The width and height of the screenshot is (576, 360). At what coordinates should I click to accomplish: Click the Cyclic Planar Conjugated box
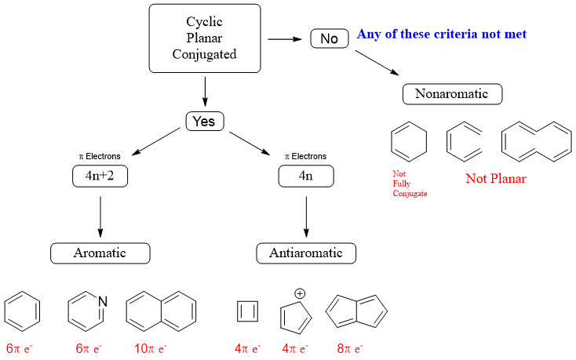205,38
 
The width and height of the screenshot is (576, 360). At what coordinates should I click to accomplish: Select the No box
330,38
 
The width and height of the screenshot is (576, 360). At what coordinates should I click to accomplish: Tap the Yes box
205,122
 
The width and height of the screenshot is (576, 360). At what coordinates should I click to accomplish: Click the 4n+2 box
100,176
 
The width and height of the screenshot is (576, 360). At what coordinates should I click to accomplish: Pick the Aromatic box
100,253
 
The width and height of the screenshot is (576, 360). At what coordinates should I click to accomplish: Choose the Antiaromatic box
306,253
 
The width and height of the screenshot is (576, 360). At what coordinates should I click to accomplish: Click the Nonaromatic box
451,94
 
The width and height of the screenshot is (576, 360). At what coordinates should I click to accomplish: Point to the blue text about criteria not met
441,35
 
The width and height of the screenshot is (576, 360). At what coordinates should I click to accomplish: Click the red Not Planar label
495,178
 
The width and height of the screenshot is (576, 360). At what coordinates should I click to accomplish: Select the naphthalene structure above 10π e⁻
161,311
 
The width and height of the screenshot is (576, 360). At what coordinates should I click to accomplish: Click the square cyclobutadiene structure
247,312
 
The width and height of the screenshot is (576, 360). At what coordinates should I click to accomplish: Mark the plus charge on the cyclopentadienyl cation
299,293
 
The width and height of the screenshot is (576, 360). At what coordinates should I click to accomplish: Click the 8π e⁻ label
350,347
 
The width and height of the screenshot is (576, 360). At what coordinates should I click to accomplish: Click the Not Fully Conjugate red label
410,183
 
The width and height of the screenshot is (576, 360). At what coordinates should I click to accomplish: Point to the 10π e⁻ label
151,347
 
